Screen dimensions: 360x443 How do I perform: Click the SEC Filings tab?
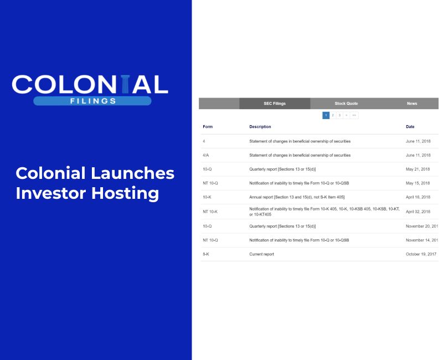275,104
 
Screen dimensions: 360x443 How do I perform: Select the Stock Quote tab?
346,104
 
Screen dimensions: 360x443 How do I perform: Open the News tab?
412,104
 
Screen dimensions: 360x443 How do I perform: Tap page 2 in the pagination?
333,115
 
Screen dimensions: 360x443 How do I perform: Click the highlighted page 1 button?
326,115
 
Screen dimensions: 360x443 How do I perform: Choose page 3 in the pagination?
339,115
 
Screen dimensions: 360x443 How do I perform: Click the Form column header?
208,127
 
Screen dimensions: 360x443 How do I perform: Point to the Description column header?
260,127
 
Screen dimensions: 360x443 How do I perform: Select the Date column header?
410,127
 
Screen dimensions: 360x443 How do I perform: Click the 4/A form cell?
206,156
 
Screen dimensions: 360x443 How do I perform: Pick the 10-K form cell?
207,197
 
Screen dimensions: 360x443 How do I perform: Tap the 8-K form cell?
206,254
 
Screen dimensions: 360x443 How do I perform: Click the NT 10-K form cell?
210,212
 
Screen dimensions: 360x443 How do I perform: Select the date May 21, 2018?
418,169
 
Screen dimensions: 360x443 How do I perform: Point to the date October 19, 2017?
421,254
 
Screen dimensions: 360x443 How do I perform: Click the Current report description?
261,254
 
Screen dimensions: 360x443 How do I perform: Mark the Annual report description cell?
297,197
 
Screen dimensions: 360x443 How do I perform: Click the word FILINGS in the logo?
92,101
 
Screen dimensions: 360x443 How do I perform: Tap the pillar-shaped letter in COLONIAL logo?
111,84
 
